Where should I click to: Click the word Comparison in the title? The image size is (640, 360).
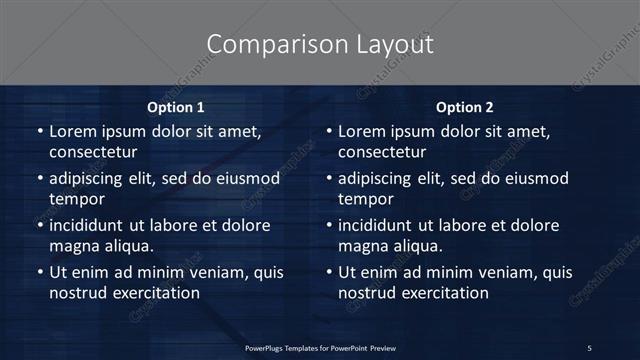[263, 45]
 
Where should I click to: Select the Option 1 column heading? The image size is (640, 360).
[175, 107]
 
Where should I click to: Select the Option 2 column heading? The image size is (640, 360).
[464, 107]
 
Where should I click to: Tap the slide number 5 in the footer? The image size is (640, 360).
[589, 348]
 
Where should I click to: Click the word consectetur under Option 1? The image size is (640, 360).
[93, 152]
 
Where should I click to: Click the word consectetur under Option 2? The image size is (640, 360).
[382, 152]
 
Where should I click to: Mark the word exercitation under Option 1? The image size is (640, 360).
[149, 293]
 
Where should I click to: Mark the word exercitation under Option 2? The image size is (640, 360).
[438, 293]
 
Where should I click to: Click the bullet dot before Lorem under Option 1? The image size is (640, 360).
[40, 132]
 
